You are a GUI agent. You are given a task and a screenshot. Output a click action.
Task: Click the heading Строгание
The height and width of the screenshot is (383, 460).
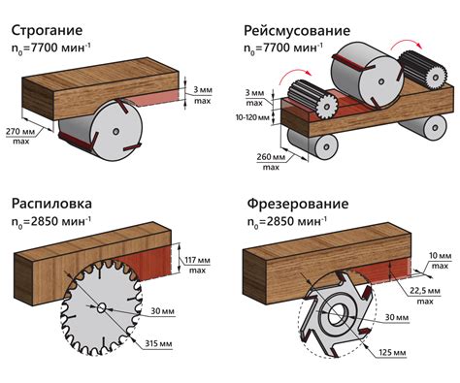(x=47, y=30)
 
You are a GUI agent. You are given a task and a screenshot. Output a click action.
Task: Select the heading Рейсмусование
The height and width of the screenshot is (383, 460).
(x=297, y=30)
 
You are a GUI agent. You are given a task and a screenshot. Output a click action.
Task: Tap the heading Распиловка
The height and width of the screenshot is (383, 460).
(x=51, y=204)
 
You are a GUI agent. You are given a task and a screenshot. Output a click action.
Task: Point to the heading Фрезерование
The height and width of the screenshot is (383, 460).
(x=298, y=204)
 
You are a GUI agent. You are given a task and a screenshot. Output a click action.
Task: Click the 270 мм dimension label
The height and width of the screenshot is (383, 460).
(x=20, y=132)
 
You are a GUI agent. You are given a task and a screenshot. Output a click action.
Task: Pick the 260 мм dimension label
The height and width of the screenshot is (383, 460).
(x=271, y=157)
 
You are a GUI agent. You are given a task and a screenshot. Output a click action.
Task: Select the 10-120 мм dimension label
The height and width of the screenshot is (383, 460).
(x=252, y=117)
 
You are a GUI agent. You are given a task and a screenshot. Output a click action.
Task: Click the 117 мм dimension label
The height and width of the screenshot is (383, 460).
(x=197, y=260)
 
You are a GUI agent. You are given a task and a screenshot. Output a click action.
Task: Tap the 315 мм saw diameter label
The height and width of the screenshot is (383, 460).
(x=158, y=343)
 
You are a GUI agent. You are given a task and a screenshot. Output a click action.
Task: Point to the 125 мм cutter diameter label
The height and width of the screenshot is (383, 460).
(x=392, y=352)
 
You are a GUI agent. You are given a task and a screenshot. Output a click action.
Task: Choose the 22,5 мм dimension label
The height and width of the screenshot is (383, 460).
(x=425, y=291)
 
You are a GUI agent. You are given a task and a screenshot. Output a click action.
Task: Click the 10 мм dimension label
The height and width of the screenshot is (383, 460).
(x=440, y=256)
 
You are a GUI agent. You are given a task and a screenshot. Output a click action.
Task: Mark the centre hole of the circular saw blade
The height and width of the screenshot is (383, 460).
(x=101, y=308)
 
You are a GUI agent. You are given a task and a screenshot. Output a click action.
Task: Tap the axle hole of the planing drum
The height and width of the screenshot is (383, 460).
(x=115, y=131)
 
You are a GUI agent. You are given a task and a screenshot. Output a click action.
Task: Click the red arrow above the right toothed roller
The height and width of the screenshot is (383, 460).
(x=407, y=44)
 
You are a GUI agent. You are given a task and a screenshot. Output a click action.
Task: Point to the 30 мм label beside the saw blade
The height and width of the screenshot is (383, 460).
(x=162, y=311)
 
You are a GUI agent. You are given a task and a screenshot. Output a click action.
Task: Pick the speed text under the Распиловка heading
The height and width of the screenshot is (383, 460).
(x=51, y=221)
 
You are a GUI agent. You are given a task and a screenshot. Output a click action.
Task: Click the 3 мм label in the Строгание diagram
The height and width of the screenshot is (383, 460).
(x=203, y=90)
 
